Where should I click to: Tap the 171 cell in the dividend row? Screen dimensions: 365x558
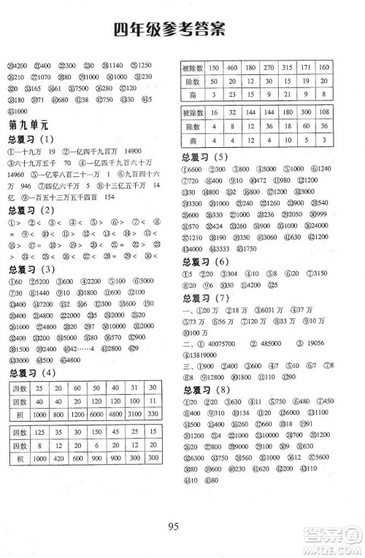pyautogui.click(x=308, y=67)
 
